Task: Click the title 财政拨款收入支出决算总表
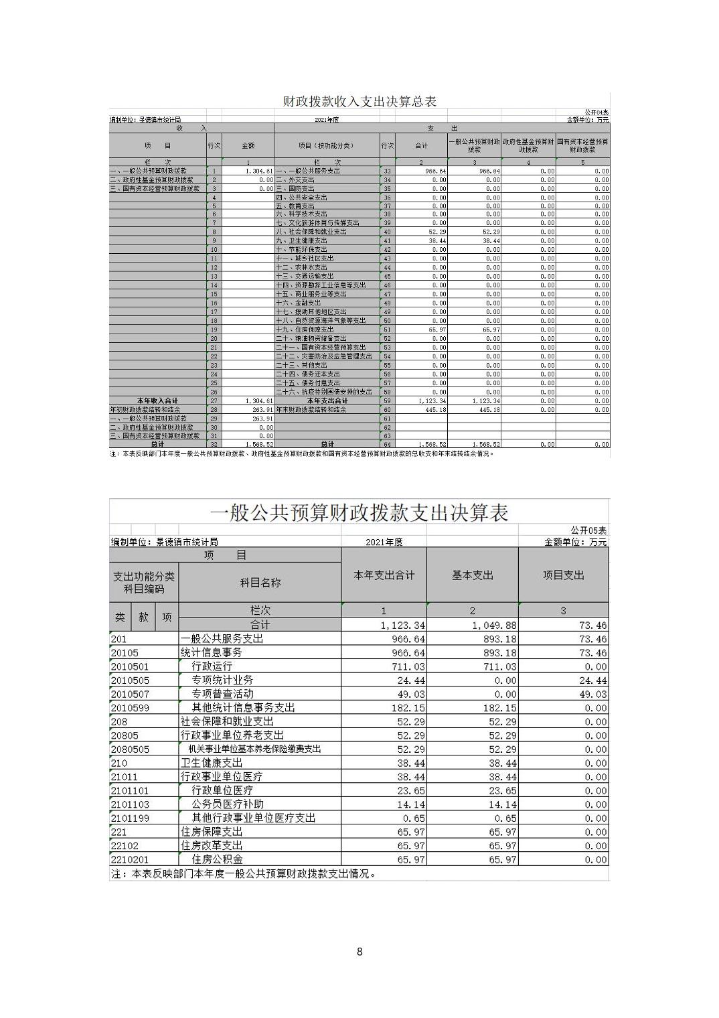click(359, 101)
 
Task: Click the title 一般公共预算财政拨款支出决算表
click(359, 513)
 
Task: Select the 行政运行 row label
click(212, 666)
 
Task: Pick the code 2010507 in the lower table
click(130, 694)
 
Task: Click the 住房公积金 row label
click(218, 859)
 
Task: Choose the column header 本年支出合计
click(384, 575)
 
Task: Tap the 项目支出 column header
click(563, 575)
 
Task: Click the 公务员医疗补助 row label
click(228, 804)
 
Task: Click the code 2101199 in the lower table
click(130, 818)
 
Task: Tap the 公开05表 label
click(588, 530)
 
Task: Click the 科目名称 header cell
click(260, 583)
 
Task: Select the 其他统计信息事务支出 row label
click(243, 707)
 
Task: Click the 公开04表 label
click(596, 113)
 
